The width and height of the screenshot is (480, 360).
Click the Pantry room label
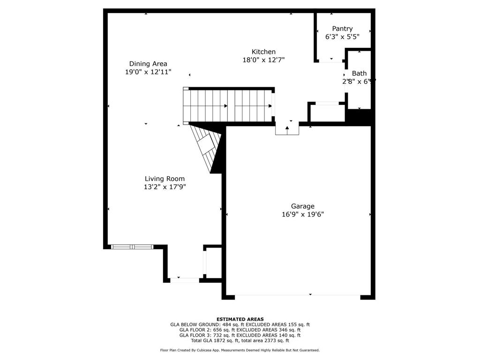tap(342, 29)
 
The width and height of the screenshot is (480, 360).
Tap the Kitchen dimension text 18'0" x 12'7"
tap(263, 60)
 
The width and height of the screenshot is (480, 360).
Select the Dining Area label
tap(148, 64)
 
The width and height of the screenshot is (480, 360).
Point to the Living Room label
tap(165, 179)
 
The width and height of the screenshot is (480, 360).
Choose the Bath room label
tap(360, 73)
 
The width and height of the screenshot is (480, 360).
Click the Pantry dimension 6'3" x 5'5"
tap(342, 36)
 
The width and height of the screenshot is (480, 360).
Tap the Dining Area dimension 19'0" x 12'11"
tap(148, 72)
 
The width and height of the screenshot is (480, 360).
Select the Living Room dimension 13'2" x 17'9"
tap(165, 187)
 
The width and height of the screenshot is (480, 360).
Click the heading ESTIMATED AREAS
tap(240, 319)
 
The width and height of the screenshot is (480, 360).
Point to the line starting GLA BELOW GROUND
tap(240, 324)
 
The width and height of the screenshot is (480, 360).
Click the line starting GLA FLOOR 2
tap(240, 330)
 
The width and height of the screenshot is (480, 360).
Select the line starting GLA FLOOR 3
tap(240, 335)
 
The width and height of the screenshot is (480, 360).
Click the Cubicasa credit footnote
tap(240, 350)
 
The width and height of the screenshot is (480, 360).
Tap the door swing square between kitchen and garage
tap(287, 129)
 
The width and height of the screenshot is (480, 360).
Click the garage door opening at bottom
tap(297, 295)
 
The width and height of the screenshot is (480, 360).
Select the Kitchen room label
tap(263, 52)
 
